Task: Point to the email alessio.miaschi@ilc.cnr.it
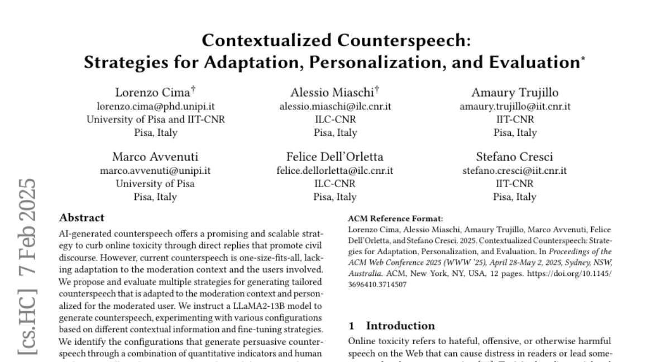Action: pyautogui.click(x=335, y=106)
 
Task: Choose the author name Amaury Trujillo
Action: pyautogui.click(x=515, y=92)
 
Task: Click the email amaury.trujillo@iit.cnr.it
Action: pyautogui.click(x=515, y=106)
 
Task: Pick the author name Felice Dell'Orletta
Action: pyautogui.click(x=335, y=156)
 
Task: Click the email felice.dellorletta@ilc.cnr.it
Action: pyautogui.click(x=335, y=170)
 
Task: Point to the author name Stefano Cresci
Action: pyautogui.click(x=515, y=156)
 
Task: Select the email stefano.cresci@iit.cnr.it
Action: pyautogui.click(x=515, y=170)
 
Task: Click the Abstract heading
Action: pyautogui.click(x=82, y=218)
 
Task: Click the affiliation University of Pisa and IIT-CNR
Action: pyautogui.click(x=156, y=120)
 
